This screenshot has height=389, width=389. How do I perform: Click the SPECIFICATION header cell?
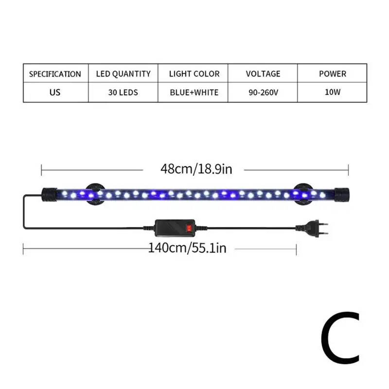pos(55,74)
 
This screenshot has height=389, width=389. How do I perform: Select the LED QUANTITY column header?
pos(123,74)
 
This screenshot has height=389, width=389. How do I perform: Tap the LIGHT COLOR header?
pos(194,74)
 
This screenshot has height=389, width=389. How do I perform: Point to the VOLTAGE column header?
pos(263,74)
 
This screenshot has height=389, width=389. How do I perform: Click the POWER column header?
pos(333,74)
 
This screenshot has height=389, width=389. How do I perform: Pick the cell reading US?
pos(55,92)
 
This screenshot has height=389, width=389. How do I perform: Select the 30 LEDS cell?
pos(123,92)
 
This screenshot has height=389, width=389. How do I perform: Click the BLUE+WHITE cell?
pos(194,92)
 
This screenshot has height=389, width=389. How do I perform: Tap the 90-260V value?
pos(263,92)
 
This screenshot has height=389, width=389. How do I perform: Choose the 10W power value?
pos(333,92)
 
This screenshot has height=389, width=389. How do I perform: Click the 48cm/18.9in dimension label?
pos(196,170)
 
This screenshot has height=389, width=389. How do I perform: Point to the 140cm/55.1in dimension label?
pos(187,248)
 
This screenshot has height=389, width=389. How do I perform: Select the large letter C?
pos(340,336)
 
